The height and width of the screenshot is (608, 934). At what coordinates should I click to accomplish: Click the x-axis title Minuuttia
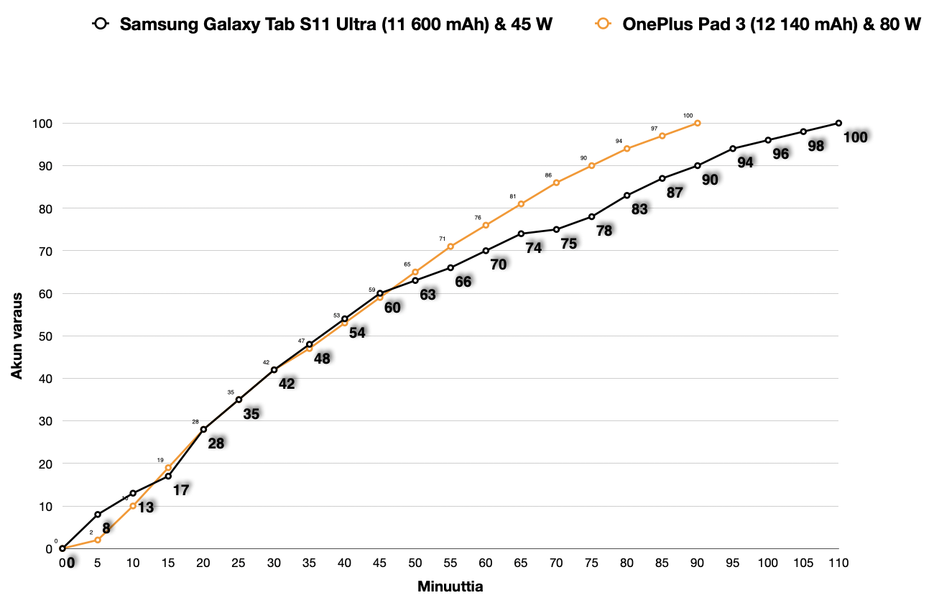point(450,586)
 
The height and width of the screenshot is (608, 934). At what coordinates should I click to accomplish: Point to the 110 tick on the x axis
point(838,563)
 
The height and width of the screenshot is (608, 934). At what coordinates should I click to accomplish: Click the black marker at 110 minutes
point(838,123)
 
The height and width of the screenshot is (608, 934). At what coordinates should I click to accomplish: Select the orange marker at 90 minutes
point(697,123)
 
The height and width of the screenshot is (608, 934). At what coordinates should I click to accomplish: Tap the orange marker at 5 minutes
point(98,540)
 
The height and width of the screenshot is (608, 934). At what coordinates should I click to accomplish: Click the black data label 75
point(569,243)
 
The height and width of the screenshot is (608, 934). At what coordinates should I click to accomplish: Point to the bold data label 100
point(855,137)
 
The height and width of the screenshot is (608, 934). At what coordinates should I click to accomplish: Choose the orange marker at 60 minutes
point(486,225)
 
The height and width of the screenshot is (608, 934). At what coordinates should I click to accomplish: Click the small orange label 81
point(513,196)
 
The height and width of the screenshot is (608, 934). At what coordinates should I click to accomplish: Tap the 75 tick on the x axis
point(591,563)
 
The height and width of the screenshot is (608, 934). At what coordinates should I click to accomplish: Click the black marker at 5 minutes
point(98,515)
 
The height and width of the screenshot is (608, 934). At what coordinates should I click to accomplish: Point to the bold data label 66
point(463,281)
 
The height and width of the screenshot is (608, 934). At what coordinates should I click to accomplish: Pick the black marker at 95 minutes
point(733,149)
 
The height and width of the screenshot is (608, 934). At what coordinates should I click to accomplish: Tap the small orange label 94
point(619,141)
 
